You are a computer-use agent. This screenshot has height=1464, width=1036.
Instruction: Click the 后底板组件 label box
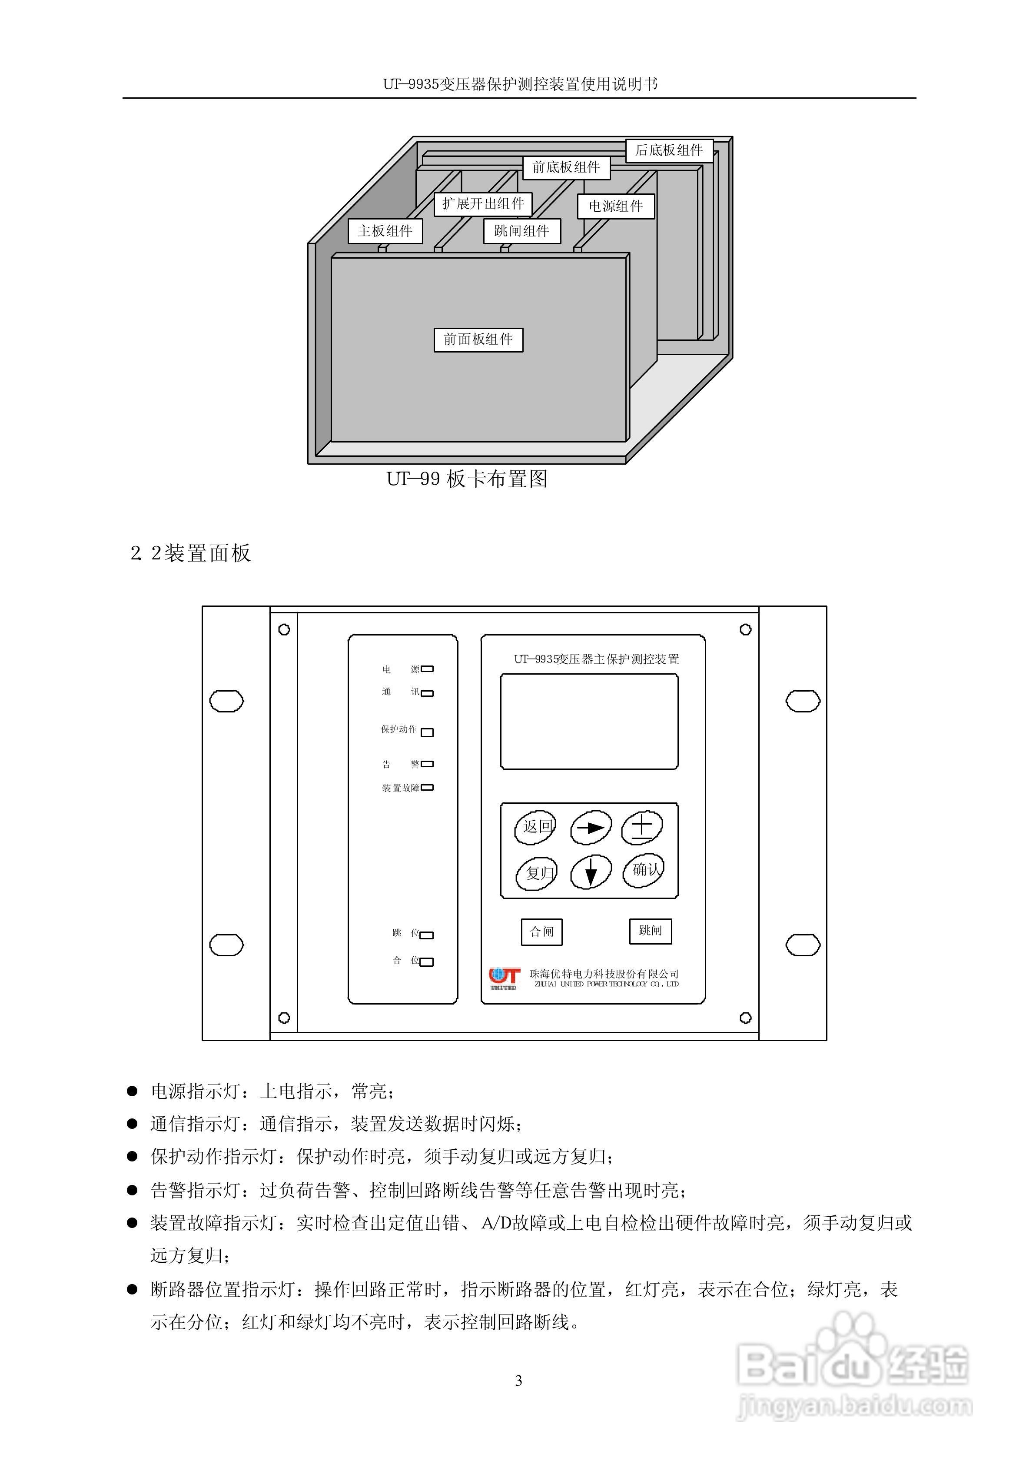(x=668, y=150)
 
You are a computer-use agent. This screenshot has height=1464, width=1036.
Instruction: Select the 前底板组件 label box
(x=566, y=167)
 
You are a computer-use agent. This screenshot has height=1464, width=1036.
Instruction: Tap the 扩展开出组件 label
(x=483, y=203)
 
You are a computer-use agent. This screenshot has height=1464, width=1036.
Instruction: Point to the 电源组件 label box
(x=616, y=206)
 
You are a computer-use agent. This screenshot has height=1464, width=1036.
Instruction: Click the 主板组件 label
(x=385, y=231)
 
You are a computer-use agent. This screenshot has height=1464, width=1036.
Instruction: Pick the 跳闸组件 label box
(x=521, y=231)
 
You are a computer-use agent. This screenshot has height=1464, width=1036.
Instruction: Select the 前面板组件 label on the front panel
(x=478, y=339)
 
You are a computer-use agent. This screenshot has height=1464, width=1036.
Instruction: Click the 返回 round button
(x=535, y=827)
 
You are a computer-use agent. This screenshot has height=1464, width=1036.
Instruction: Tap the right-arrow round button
(x=590, y=827)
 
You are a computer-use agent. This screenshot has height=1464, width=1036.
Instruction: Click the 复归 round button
(x=537, y=873)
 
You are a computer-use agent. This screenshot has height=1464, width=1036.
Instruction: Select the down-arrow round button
(x=590, y=872)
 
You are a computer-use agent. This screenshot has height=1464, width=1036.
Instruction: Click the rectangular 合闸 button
(x=541, y=932)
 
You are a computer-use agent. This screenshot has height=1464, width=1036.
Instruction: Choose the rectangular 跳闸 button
(x=650, y=931)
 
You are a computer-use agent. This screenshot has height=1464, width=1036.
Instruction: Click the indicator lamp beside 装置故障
(x=427, y=788)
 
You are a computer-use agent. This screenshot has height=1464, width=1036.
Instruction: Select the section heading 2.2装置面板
(x=191, y=553)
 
